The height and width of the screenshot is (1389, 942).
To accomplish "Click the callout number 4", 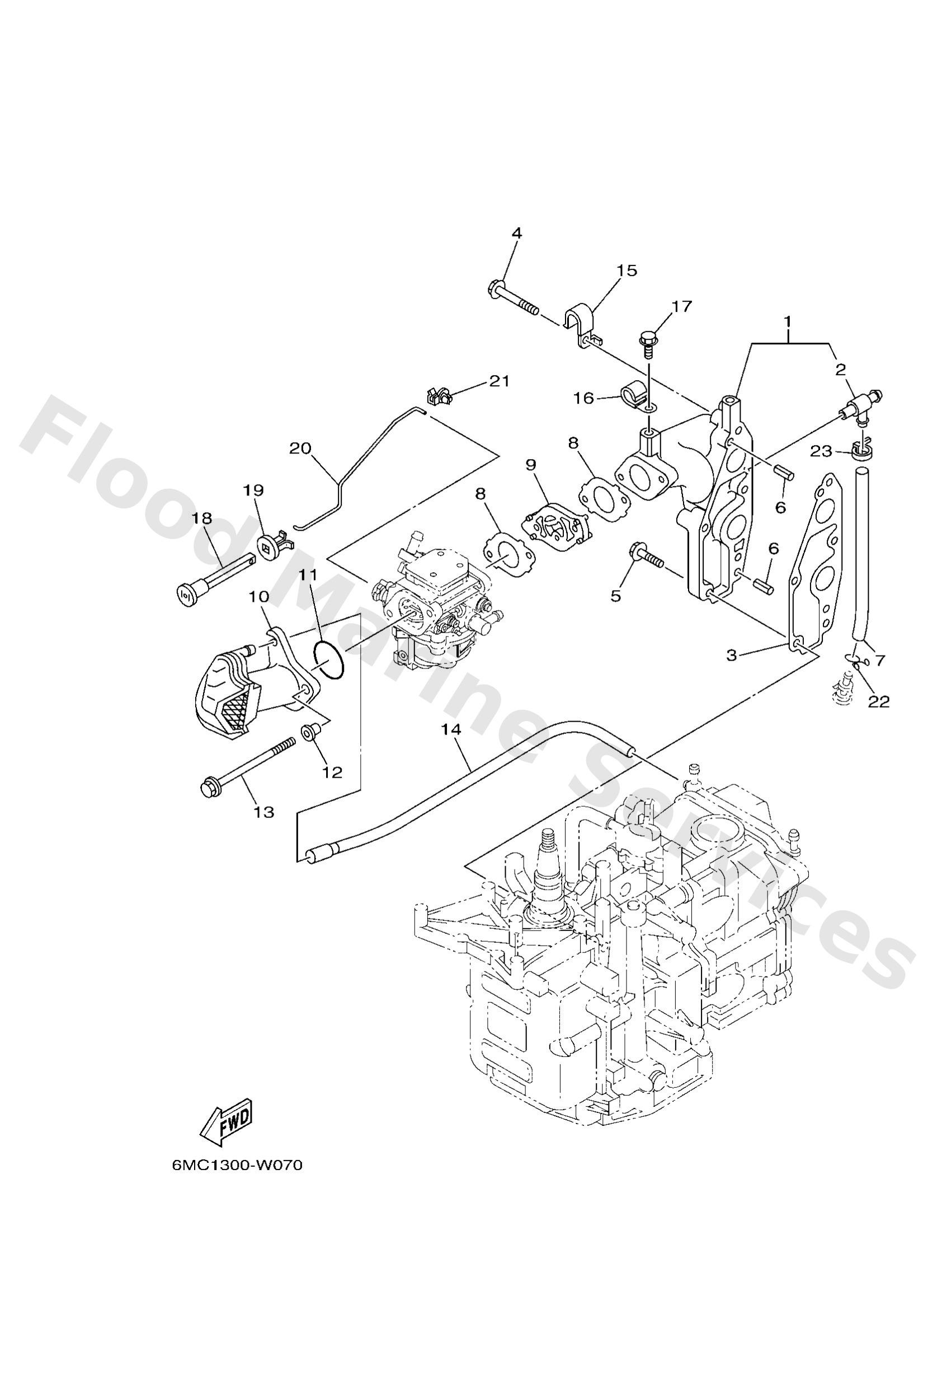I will (516, 233).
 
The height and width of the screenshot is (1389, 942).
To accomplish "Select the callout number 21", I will (500, 381).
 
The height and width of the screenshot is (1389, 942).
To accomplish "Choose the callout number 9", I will (531, 464).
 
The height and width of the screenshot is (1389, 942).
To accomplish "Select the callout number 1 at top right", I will (787, 321).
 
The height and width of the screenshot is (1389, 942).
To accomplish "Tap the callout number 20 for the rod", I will (301, 448).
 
